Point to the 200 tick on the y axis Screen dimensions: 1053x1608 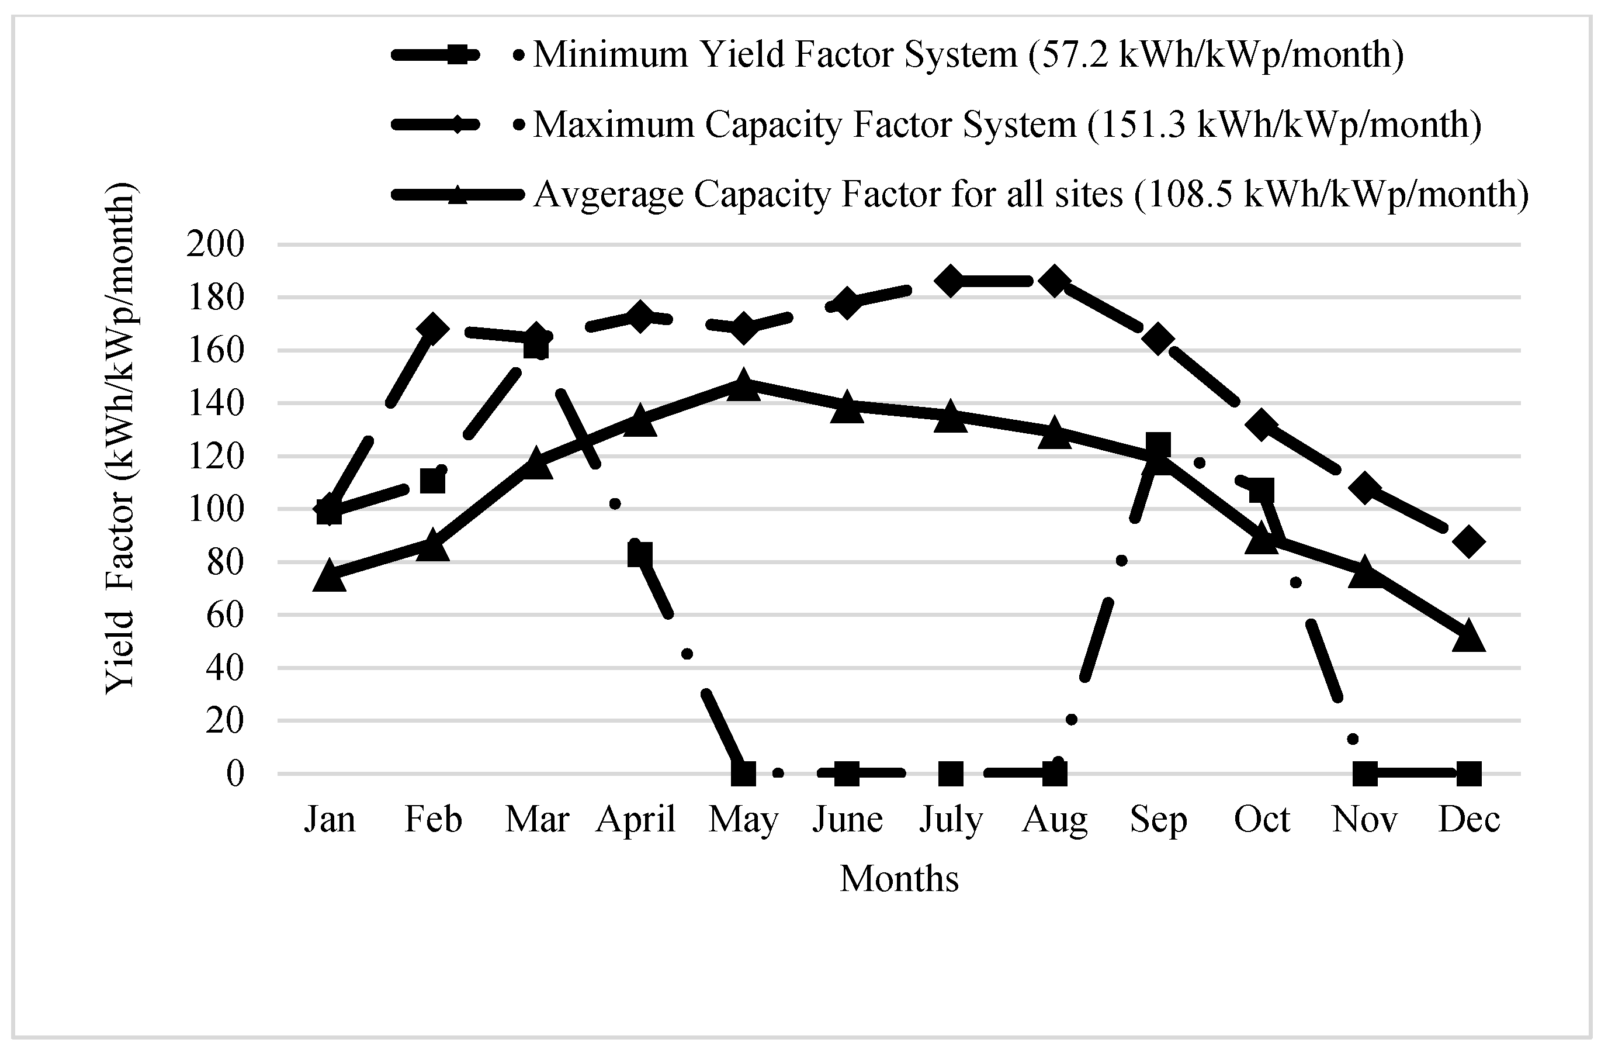point(216,244)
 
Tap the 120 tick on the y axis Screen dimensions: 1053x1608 point(216,456)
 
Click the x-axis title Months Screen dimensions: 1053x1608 point(899,879)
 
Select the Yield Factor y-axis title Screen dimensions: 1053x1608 point(122,438)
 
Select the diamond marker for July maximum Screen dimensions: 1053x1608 point(951,281)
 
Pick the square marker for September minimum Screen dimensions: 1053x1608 point(1158,446)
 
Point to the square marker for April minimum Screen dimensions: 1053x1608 point(640,555)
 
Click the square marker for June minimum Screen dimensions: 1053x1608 point(847,773)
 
